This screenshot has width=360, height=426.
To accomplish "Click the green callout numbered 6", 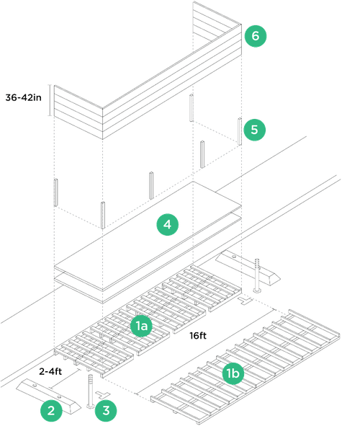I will (256, 36).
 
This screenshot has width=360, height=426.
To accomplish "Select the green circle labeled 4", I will (167, 226).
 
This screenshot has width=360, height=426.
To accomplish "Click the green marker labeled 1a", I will (141, 327).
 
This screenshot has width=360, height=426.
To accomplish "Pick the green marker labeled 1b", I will (233, 373).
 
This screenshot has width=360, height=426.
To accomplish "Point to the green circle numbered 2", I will (50, 411).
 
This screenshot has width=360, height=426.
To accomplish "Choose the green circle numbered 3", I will (106, 411).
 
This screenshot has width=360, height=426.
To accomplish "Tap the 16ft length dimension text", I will (199, 335).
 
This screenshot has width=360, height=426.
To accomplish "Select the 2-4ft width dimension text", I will (52, 371).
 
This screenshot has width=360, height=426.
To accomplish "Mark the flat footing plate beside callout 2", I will (43, 393).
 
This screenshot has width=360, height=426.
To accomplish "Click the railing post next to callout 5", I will (238, 130).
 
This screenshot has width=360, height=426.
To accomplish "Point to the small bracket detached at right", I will (259, 274).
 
